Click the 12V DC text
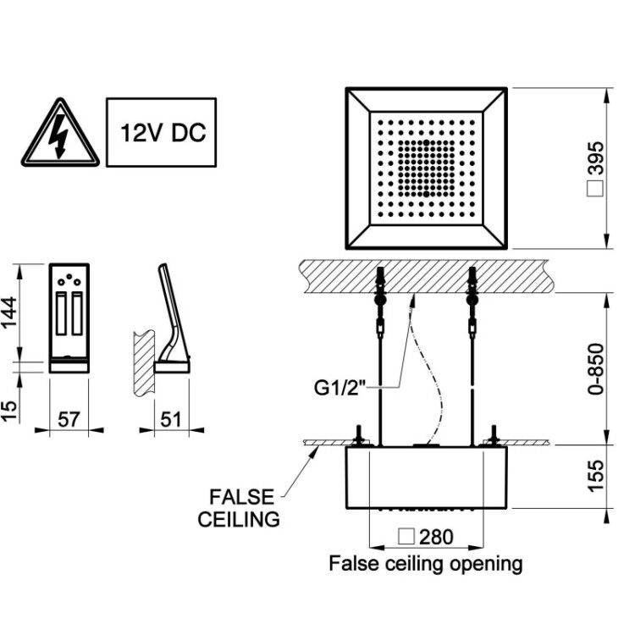tap(163, 132)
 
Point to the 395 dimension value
tap(595, 158)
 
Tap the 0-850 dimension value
tap(595, 369)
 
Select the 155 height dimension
tap(595, 476)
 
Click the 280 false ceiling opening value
tap(436, 537)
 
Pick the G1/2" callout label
tap(340, 388)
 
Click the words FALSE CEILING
tap(239, 508)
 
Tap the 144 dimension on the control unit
tap(9, 312)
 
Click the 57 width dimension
tap(69, 419)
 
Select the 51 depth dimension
tap(171, 419)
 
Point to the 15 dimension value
tap(9, 411)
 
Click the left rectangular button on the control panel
tap(61, 313)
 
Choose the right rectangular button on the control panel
tap(77, 313)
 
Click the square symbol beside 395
tap(595, 189)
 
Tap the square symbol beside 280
tap(406, 537)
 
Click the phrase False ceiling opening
tap(426, 564)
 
